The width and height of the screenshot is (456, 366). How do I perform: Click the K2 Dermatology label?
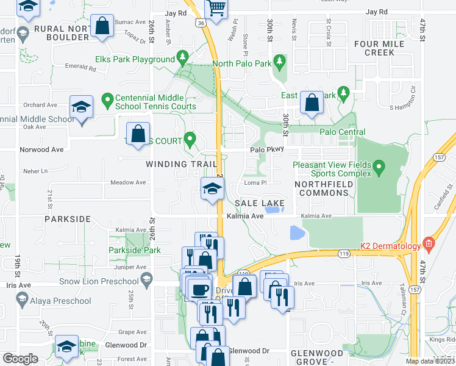tap(390, 246)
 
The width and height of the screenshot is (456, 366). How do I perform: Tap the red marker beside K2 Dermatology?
tap(429, 245)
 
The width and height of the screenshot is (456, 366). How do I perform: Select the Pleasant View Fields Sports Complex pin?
tap(379, 166)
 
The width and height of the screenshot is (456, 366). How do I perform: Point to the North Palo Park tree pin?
tap(280, 62)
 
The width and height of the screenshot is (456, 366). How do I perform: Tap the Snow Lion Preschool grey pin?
tap(146, 281)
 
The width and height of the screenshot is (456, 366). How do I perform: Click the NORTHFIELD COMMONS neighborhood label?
tap(322, 188)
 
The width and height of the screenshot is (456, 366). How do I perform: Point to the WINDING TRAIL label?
tap(181, 164)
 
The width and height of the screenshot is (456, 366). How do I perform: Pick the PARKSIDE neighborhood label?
tap(67, 218)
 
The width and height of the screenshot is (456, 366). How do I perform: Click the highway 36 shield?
tap(201, 23)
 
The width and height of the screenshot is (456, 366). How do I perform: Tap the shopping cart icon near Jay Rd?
tap(216, 8)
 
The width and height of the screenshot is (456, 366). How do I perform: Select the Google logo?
tap(21, 359)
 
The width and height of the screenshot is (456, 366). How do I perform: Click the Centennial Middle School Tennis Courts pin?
tap(107, 98)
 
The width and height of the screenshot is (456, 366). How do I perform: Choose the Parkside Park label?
tap(134, 250)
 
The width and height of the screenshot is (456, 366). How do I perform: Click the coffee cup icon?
tap(199, 288)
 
